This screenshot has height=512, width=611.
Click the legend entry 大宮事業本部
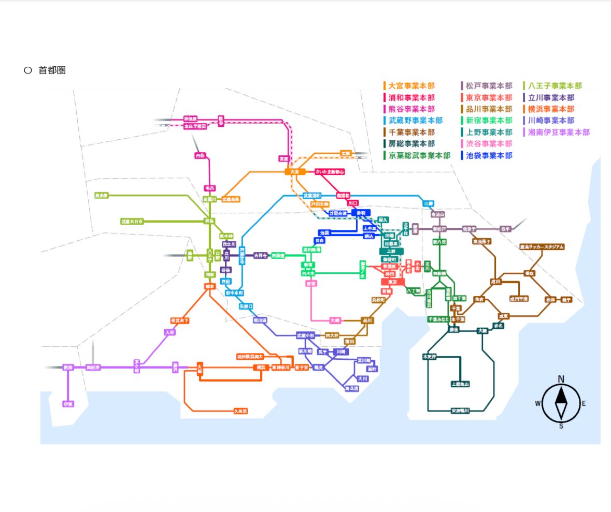[411, 86]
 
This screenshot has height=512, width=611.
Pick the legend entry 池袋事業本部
[489, 155]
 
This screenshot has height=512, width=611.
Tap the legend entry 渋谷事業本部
[489, 144]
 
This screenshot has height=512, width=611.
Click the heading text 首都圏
[52, 70]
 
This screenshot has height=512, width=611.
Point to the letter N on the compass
[561, 379]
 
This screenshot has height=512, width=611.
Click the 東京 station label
[392, 282]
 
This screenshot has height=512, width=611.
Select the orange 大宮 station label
[294, 171]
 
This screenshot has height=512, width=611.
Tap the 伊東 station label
[68, 404]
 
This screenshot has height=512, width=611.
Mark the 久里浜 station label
[240, 411]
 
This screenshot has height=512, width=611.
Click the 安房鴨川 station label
[460, 411]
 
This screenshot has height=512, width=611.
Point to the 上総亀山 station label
[460, 384]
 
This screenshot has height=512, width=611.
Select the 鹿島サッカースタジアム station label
[542, 247]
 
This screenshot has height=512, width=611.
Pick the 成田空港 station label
[518, 299]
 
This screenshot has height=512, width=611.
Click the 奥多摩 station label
[101, 196]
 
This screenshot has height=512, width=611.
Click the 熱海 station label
[68, 367]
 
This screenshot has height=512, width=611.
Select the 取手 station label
[505, 229]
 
